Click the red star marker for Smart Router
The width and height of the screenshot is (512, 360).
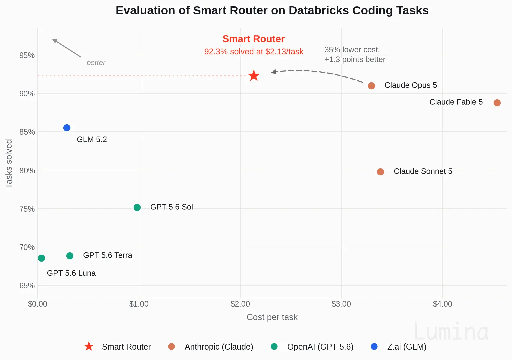pyautogui.click(x=254, y=76)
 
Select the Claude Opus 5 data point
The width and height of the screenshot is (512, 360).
pyautogui.click(x=371, y=86)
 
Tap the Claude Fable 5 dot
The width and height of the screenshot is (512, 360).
pyautogui.click(x=497, y=103)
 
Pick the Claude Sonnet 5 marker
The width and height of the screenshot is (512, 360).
pyautogui.click(x=380, y=172)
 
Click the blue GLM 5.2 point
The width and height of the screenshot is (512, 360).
pyautogui.click(x=67, y=128)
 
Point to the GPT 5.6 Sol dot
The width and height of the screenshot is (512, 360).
pyautogui.click(x=137, y=207)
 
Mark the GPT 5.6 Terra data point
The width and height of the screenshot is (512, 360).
pyautogui.click(x=70, y=256)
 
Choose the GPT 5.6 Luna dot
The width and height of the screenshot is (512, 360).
pyautogui.click(x=41, y=258)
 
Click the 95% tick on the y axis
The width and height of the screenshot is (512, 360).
pyautogui.click(x=27, y=55)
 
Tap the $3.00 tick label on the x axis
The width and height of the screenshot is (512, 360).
pyautogui.click(x=341, y=304)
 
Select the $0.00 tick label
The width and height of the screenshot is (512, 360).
pyautogui.click(x=37, y=304)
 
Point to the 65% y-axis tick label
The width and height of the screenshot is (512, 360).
pyautogui.click(x=27, y=285)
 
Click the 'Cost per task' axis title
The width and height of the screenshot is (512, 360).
pyautogui.click(x=272, y=317)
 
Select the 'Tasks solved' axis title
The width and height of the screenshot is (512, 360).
pyautogui.click(x=9, y=164)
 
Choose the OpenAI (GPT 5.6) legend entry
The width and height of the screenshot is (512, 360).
pyautogui.click(x=312, y=347)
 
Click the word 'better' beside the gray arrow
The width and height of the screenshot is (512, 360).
pyautogui.click(x=96, y=62)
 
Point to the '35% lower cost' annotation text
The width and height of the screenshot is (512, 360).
pyautogui.click(x=352, y=50)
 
